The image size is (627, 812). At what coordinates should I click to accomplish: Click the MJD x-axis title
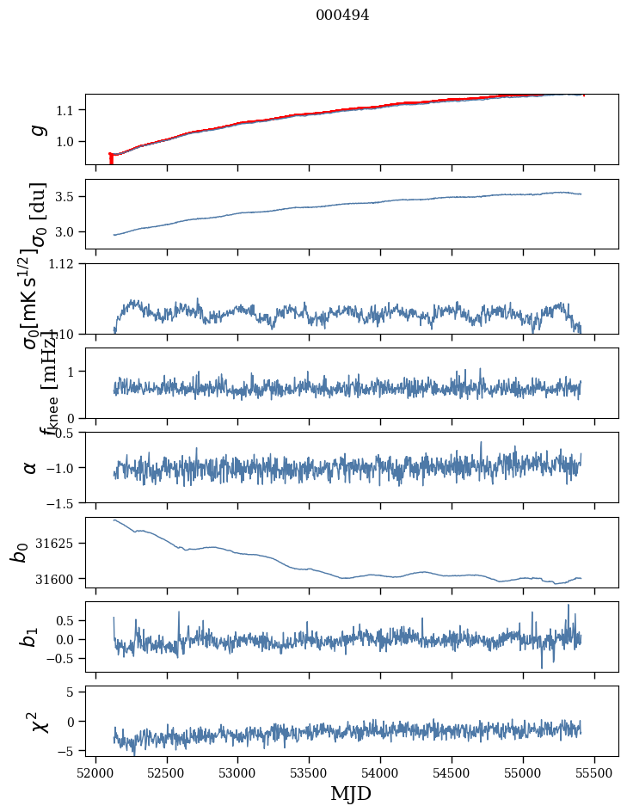tap(351, 793)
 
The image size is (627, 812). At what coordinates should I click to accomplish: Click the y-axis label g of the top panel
tap(36, 129)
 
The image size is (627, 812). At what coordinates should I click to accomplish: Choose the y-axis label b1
tap(29, 637)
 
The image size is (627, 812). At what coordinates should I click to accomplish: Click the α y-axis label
tap(31, 467)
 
